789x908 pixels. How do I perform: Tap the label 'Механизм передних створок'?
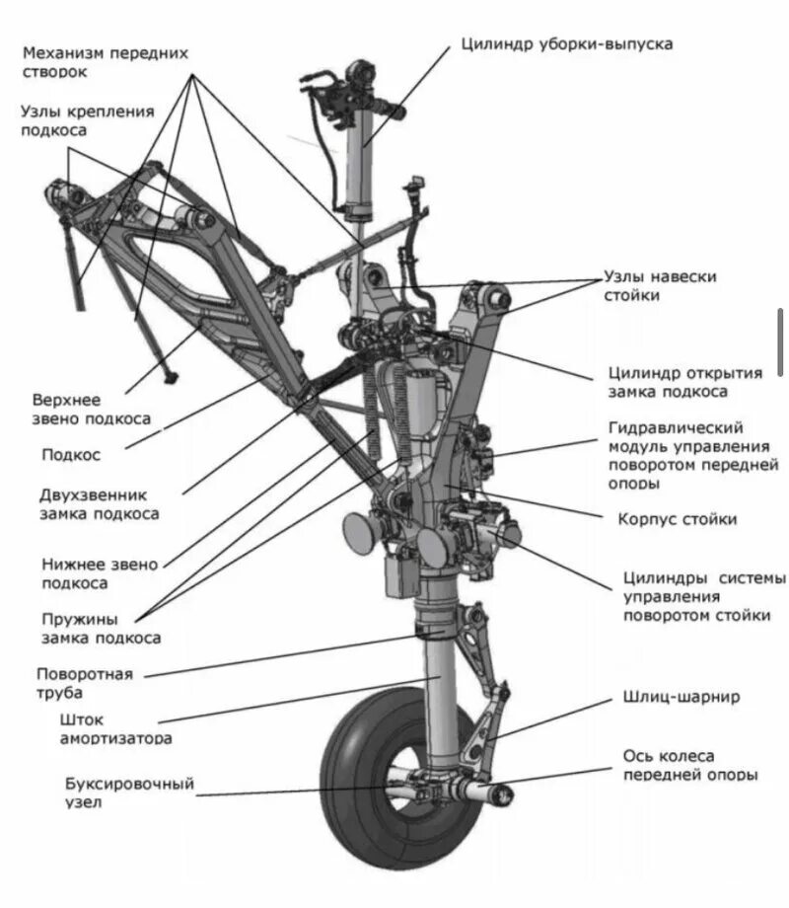[106, 62]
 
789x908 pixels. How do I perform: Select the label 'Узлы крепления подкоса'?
[87, 120]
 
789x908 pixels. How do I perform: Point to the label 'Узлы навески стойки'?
[661, 286]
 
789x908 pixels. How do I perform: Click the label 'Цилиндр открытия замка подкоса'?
[685, 382]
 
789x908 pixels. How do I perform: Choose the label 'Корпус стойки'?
[678, 519]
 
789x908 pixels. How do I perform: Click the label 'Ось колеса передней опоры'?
[682, 765]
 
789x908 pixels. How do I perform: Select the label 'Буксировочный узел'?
[129, 793]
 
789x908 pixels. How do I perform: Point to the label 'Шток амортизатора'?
[108, 729]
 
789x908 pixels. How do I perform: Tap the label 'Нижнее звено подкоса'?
[99, 574]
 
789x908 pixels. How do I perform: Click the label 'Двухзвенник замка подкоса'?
[100, 503]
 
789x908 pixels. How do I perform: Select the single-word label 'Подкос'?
[71, 455]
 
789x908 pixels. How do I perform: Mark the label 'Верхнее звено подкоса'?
[91, 410]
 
